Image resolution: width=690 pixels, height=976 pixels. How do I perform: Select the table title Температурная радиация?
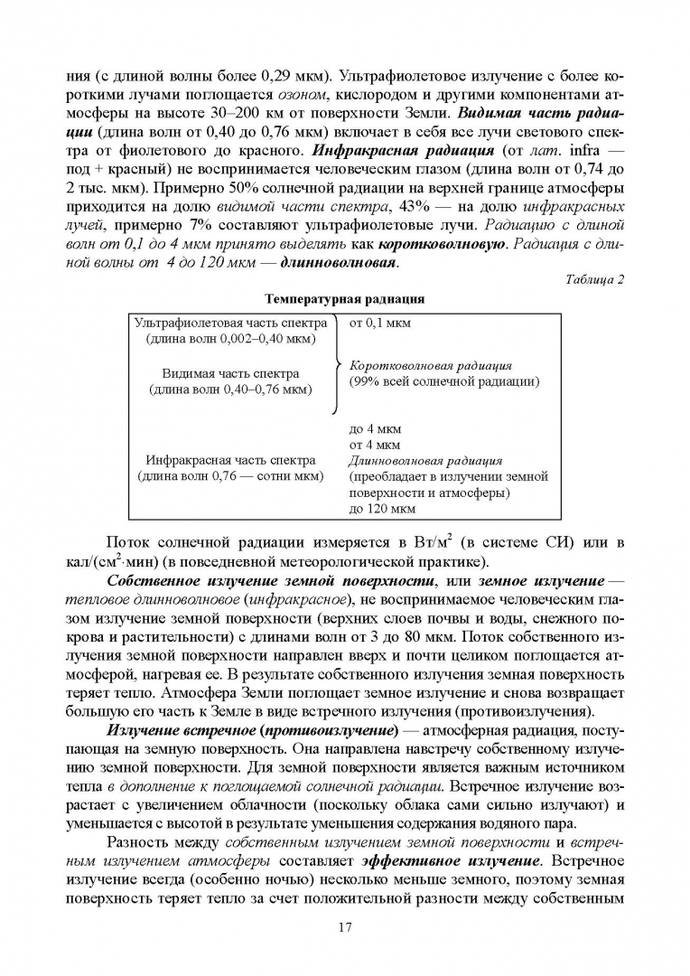pos(344,298)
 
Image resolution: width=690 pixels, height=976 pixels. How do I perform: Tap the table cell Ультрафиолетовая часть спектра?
pos(230,323)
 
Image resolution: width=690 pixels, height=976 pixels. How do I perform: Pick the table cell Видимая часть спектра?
pos(230,373)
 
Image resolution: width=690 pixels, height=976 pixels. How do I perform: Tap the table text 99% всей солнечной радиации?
pos(444,382)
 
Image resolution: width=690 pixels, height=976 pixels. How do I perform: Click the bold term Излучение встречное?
pos(168,703)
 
